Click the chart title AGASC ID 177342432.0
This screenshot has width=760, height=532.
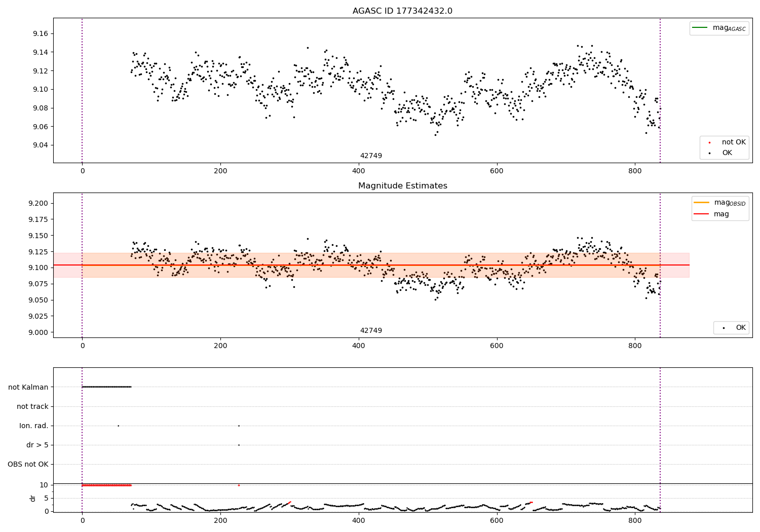402,11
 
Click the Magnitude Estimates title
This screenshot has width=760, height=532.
402,186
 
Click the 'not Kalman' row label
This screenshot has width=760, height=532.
28,387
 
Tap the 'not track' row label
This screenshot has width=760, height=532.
32,406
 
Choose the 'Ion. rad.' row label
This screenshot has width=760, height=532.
34,426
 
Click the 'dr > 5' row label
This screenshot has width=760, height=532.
37,445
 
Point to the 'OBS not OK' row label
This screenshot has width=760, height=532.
28,464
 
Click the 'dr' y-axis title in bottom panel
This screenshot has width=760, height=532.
33,498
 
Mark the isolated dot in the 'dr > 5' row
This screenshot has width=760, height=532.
239,445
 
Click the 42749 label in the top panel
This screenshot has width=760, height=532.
371,156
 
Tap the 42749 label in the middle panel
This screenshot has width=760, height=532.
371,331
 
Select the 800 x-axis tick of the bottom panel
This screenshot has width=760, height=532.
635,520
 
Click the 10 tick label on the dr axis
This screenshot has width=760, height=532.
44,485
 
